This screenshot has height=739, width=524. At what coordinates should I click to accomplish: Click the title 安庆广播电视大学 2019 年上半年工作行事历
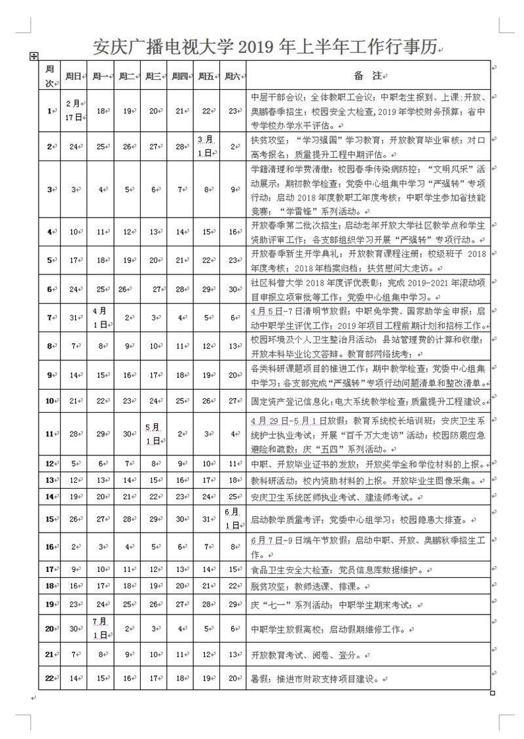pyautogui.click(x=265, y=47)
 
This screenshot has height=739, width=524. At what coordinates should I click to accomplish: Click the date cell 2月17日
pyautogui.click(x=73, y=111)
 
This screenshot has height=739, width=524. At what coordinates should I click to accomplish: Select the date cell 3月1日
pyautogui.click(x=205, y=147)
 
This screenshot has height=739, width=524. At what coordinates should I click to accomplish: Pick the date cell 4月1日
pyautogui.click(x=100, y=318)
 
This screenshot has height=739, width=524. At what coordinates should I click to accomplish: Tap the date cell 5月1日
pyautogui.click(x=153, y=434)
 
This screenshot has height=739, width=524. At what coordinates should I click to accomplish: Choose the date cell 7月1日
pyautogui.click(x=100, y=628)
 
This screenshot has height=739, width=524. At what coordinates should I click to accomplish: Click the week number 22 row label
pyautogui.click(x=48, y=679)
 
